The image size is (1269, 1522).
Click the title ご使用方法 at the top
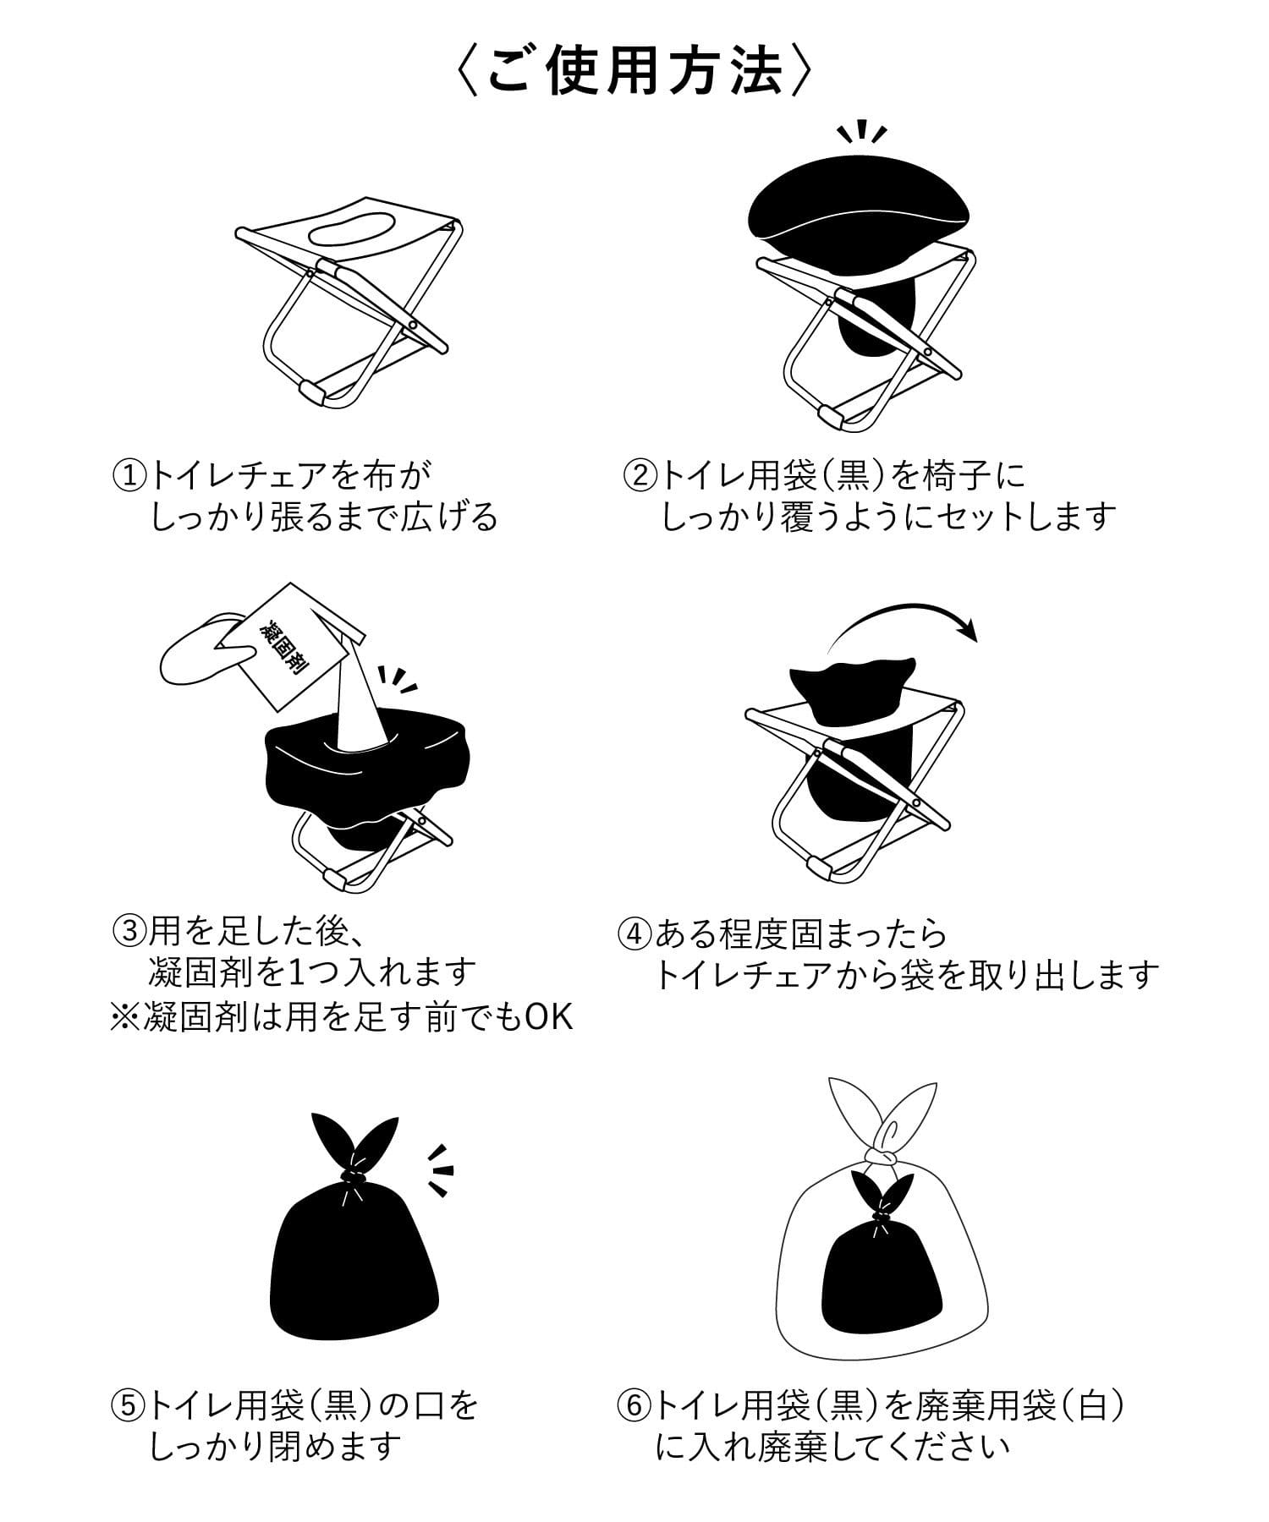(x=634, y=74)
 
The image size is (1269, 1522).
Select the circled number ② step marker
(x=640, y=475)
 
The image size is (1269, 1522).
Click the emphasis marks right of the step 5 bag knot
(x=440, y=1170)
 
